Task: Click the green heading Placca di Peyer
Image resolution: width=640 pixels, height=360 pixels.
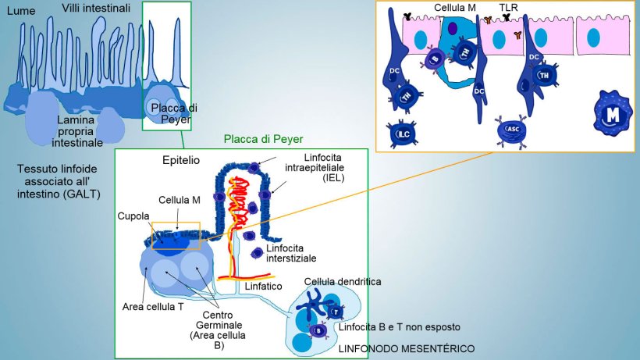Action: coord(258,139)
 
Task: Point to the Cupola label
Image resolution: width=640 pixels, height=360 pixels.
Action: coord(133,216)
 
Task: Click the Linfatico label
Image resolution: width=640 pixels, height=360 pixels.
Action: coord(263,287)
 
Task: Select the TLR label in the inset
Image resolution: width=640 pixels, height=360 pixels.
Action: coord(508,8)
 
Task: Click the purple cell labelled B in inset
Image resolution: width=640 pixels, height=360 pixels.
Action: coord(434,58)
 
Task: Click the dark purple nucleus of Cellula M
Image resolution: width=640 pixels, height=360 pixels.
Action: coord(452,29)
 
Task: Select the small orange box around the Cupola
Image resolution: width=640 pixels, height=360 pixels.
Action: coord(176,235)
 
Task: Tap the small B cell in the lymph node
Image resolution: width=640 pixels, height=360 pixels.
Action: coord(319,330)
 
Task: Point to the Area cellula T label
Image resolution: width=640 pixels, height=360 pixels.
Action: coord(153,306)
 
